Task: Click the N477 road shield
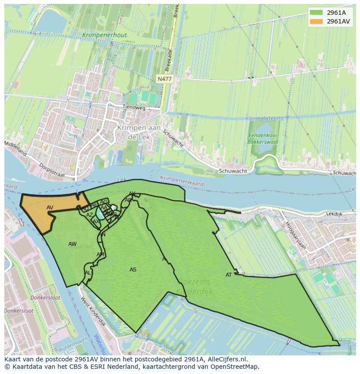(x=165, y=79)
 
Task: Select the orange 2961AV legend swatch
(x=317, y=21)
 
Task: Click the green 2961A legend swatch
(x=317, y=13)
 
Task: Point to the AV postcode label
(x=50, y=208)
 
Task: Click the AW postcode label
(x=72, y=244)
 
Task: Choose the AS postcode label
(x=133, y=270)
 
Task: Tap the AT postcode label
(x=229, y=275)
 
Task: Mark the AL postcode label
(x=88, y=273)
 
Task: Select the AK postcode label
(x=132, y=194)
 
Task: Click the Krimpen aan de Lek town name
(x=139, y=132)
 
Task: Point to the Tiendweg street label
(x=133, y=107)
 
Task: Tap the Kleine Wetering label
(x=264, y=118)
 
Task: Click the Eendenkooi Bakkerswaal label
(x=262, y=139)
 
